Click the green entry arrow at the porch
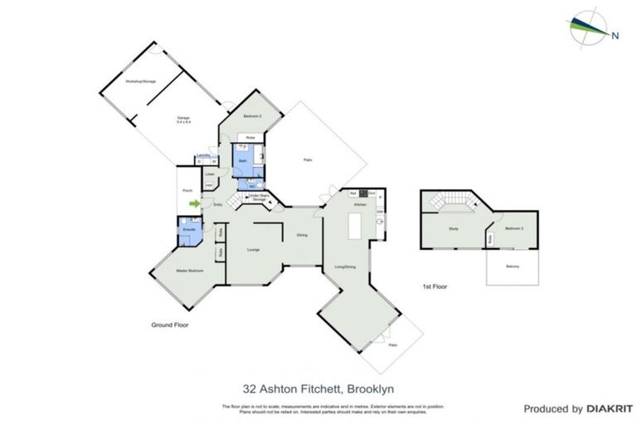point(195,203)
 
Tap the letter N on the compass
point(615,35)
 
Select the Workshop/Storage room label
point(140,82)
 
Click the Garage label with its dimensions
point(183,120)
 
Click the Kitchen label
point(359,204)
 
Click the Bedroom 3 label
point(514,228)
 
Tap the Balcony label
point(513,266)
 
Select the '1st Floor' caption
point(435,286)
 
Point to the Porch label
point(187,190)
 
